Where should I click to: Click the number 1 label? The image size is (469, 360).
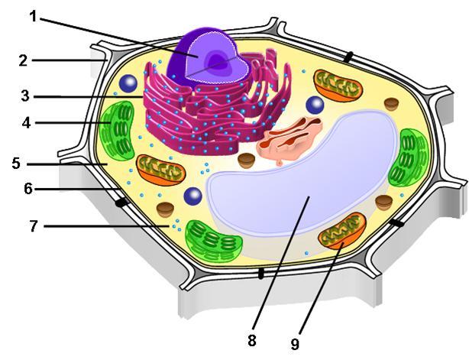(34, 17)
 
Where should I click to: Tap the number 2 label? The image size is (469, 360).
(23, 60)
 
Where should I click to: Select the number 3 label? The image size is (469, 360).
(25, 96)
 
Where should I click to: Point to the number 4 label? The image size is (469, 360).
(26, 123)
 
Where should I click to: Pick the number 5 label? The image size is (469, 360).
(17, 164)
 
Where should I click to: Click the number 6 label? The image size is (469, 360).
(28, 189)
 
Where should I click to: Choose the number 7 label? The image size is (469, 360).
(34, 226)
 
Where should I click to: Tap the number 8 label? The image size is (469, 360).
(252, 340)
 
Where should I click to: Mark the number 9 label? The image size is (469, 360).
(295, 344)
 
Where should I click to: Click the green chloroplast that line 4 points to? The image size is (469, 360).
(117, 131)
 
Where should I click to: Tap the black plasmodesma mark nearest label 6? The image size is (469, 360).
(121, 203)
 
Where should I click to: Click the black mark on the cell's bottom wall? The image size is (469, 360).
(261, 274)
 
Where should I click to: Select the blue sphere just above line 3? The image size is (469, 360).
(128, 83)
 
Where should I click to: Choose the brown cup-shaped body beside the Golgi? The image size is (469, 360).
(247, 161)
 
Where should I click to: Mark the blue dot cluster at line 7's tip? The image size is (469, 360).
(176, 225)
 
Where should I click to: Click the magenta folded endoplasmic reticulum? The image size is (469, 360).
(215, 108)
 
